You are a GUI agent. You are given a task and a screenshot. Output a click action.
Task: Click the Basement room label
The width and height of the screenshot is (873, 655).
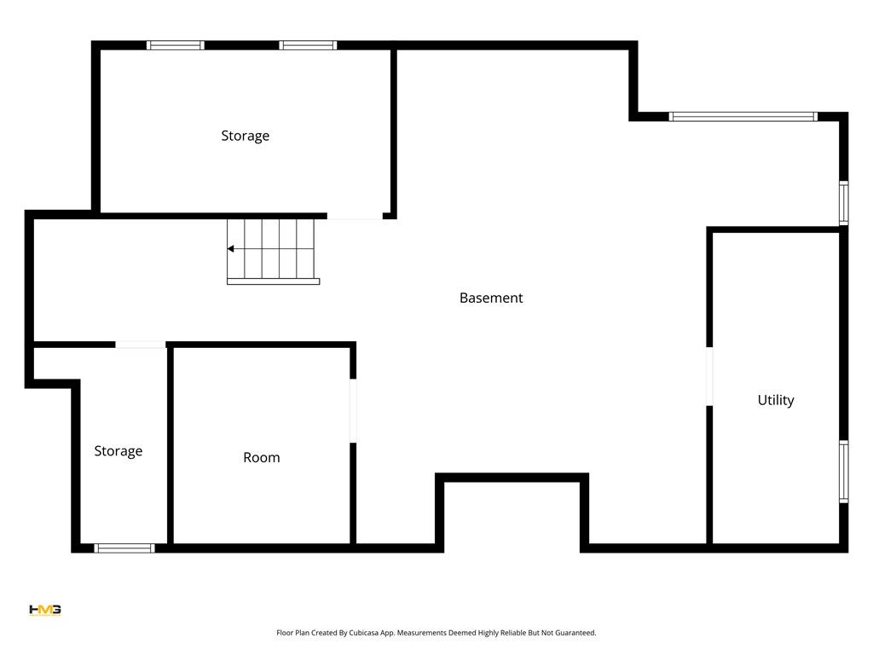[491, 298]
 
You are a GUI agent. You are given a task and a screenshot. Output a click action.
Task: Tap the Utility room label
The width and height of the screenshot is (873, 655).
[776, 400]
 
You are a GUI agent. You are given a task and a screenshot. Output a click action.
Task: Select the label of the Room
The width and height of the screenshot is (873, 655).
[261, 457]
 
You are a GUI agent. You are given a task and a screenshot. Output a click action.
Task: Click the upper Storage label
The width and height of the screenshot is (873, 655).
[245, 136]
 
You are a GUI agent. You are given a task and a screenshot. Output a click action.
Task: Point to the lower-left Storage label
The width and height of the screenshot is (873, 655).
[118, 450]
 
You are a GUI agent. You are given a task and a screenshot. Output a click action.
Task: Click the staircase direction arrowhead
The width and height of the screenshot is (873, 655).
[231, 249]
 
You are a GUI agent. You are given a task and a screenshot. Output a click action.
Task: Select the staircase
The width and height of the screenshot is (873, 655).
[272, 251]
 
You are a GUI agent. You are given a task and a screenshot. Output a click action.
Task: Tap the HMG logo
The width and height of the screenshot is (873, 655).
[44, 610]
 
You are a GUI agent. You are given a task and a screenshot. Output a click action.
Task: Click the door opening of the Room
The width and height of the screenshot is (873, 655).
[353, 410]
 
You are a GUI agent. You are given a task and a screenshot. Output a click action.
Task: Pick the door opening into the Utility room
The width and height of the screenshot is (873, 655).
[708, 376]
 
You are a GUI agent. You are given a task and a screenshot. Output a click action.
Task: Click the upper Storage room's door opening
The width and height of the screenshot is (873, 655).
[355, 216]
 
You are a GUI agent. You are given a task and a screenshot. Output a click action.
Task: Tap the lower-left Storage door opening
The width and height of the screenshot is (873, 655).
[141, 345]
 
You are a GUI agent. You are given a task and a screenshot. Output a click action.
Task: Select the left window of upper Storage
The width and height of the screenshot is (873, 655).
[176, 45]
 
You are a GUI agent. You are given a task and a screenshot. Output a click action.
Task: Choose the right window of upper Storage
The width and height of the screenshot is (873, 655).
[308, 45]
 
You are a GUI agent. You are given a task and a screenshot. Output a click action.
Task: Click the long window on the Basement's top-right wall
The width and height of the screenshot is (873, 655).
[743, 117]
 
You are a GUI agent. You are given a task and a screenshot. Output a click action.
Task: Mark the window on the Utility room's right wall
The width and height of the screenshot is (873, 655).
[843, 471]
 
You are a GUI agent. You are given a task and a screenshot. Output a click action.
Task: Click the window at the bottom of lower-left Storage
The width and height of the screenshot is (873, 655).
[124, 548]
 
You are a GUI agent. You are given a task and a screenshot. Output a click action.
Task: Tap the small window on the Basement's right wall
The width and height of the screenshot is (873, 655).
[843, 202]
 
